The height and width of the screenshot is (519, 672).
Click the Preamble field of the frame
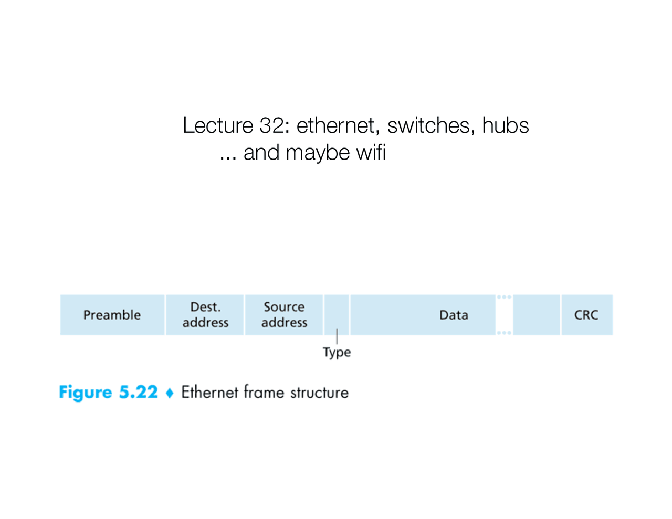(112, 315)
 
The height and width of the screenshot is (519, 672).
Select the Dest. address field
(205, 315)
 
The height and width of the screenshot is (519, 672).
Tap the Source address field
(284, 315)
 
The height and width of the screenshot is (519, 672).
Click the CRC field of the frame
(586, 315)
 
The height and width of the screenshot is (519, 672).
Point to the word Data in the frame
(454, 315)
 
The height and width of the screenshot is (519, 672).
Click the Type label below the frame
(337, 352)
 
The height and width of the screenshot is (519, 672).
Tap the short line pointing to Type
(337, 336)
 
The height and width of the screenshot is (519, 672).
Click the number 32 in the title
(271, 126)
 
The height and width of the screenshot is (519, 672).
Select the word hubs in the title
(505, 126)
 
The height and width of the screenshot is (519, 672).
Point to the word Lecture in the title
(218, 126)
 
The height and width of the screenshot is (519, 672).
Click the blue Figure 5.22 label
(108, 393)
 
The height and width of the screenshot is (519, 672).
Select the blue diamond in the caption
(170, 393)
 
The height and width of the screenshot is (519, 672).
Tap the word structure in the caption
(319, 393)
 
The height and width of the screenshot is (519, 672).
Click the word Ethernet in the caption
(209, 393)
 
